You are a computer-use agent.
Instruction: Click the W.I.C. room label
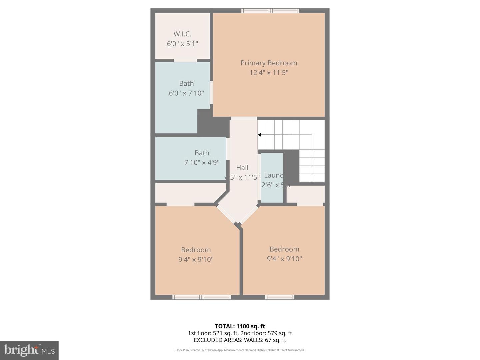click(x=182, y=34)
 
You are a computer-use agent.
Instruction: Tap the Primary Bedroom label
click(x=269, y=63)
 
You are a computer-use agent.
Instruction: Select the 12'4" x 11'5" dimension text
click(x=269, y=73)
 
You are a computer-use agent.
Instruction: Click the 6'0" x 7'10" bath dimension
click(x=186, y=93)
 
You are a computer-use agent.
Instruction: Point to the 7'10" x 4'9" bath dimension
click(x=202, y=163)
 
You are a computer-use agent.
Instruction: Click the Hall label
click(x=242, y=168)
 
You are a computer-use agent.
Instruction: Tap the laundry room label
click(x=274, y=175)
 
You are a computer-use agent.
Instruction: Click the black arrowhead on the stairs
click(x=259, y=135)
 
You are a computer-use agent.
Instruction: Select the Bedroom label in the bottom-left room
click(x=196, y=250)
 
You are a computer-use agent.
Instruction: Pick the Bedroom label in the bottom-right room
click(x=284, y=249)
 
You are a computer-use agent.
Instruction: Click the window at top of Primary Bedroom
click(x=270, y=11)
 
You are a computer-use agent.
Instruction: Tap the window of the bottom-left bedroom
click(x=202, y=297)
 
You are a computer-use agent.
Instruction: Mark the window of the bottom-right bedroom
click(x=280, y=297)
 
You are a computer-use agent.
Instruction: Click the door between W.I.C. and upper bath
click(x=185, y=60)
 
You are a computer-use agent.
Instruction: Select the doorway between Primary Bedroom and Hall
click(x=244, y=118)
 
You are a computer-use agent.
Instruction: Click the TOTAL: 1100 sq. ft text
click(x=240, y=326)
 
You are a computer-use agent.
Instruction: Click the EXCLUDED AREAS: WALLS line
click(x=240, y=340)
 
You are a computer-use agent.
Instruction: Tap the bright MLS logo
click(x=29, y=350)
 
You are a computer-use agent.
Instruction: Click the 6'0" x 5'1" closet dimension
click(x=182, y=44)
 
